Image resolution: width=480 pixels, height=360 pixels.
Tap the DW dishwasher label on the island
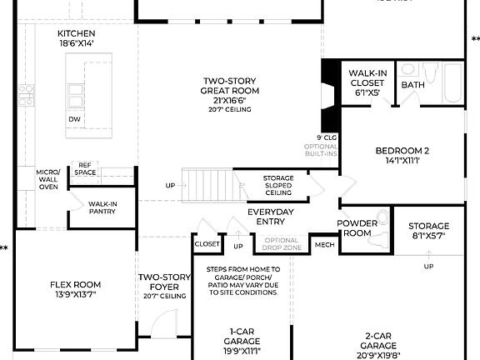click(74, 118)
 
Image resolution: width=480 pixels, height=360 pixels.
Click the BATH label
click(412, 85)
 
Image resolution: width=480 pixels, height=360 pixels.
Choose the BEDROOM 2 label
click(402, 156)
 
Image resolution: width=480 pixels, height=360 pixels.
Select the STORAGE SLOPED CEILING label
click(277, 185)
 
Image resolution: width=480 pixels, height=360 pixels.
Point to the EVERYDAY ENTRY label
click(271, 217)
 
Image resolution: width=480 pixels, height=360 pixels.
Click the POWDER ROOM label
click(357, 228)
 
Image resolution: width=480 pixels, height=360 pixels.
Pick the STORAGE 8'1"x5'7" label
click(428, 231)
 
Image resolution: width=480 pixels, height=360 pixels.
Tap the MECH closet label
click(323, 245)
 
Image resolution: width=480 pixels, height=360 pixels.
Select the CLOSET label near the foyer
click(207, 245)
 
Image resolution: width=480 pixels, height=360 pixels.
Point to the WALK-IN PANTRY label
click(102, 207)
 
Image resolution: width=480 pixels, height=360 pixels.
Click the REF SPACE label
click(86, 169)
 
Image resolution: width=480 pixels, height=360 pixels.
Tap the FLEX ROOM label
click(75, 290)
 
